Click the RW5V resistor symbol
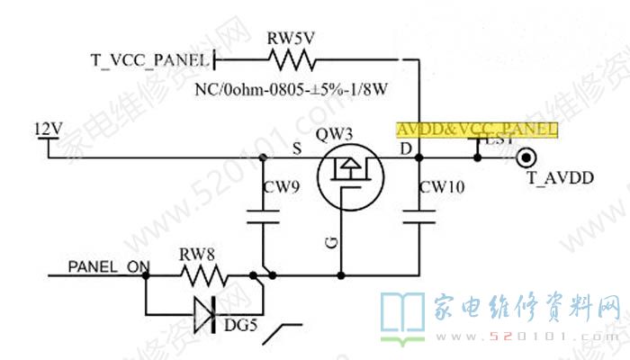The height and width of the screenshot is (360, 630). coord(292,61)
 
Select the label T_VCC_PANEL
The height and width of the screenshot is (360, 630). coord(149,61)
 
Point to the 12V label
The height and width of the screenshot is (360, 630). coord(47,128)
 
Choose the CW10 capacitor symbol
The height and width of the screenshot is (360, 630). coord(420,216)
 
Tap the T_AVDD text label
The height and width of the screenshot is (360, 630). coord(560,179)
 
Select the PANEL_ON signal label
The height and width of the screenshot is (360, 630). coord(108,267)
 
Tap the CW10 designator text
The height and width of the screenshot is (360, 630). coord(441,187)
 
